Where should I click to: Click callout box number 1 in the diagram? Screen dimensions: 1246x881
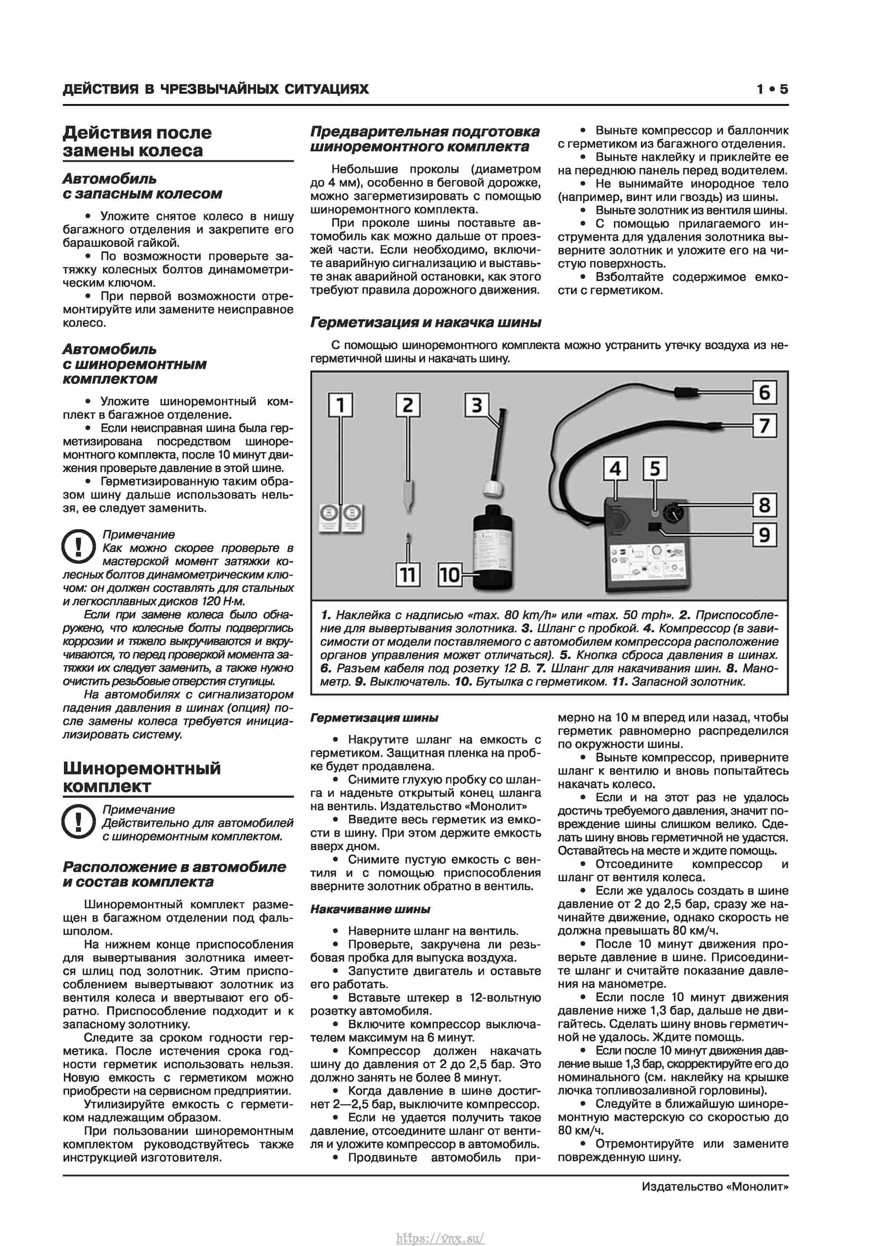(341, 405)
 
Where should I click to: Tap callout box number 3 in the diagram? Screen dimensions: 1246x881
(476, 405)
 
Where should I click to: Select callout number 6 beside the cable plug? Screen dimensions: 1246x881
(764, 392)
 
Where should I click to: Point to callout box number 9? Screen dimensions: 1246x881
(764, 535)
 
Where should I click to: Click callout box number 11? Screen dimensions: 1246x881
(408, 574)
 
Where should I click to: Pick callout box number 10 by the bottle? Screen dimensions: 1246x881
(450, 574)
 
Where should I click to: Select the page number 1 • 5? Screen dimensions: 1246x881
(772, 89)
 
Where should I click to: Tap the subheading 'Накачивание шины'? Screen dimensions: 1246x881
(370, 909)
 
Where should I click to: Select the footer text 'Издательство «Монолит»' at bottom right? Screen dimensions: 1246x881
(714, 1187)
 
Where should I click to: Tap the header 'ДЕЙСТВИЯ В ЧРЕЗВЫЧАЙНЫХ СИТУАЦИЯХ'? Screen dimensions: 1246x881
(215, 89)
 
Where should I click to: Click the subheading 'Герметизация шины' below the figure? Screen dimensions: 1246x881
(374, 718)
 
